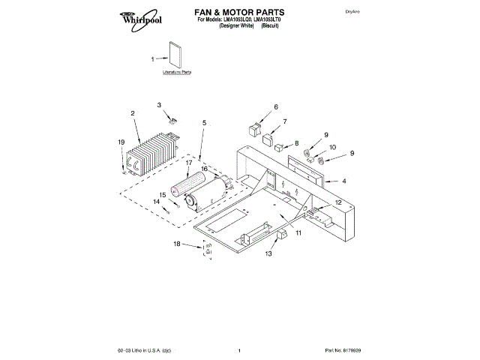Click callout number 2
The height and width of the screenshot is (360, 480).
(x=132, y=113)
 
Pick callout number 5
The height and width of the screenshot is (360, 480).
(x=204, y=122)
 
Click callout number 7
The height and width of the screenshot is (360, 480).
(x=284, y=121)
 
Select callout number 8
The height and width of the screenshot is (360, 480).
(x=296, y=142)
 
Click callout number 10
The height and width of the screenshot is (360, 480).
(x=333, y=148)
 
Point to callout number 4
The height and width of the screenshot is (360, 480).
(x=344, y=181)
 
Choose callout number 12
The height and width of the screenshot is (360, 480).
(x=338, y=202)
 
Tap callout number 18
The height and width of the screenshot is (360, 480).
(x=177, y=244)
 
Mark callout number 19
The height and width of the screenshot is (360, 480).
(x=121, y=142)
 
